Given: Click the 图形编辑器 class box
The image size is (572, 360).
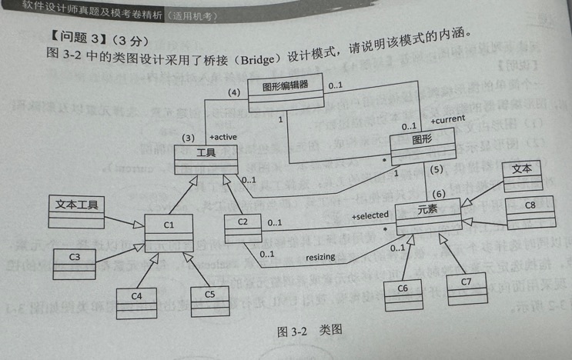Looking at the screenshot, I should point(286,89).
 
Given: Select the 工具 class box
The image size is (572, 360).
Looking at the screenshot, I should point(204,158).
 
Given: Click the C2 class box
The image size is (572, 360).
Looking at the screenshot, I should point(242,228).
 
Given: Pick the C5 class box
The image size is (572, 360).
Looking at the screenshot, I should point(210,300).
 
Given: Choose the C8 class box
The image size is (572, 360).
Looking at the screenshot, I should point(530,212).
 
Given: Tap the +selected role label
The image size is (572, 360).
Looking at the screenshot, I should point(370,216).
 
